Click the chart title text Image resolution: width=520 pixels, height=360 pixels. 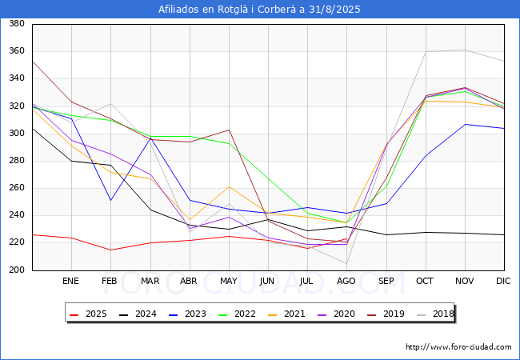(x=259, y=9)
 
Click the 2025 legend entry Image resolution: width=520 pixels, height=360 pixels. (x=88, y=314)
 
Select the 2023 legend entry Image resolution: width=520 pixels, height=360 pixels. (x=187, y=314)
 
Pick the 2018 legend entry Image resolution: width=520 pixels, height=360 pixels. (x=435, y=314)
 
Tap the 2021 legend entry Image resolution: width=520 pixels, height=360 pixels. (x=286, y=314)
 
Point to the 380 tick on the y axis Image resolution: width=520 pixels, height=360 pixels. (x=17, y=23)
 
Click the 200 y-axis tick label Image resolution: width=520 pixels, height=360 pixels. (x=17, y=270)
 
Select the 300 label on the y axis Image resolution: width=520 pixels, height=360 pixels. (x=17, y=133)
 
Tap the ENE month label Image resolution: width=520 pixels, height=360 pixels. (x=70, y=281)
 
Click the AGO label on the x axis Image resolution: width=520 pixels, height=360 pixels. (x=346, y=281)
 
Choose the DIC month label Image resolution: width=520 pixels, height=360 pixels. (x=503, y=281)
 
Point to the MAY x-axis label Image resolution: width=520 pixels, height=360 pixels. (x=229, y=281)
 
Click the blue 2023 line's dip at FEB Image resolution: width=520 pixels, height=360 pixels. (x=110, y=200)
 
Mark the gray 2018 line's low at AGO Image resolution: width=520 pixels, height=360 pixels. (x=347, y=263)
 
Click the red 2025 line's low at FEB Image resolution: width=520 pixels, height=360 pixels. (x=110, y=250)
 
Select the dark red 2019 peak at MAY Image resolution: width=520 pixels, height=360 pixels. (x=229, y=130)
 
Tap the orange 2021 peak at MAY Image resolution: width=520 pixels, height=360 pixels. (x=229, y=187)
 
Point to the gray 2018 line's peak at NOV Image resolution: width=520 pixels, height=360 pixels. (x=466, y=50)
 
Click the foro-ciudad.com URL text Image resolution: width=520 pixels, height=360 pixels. (x=458, y=347)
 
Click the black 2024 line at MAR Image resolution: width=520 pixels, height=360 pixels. (x=151, y=210)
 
